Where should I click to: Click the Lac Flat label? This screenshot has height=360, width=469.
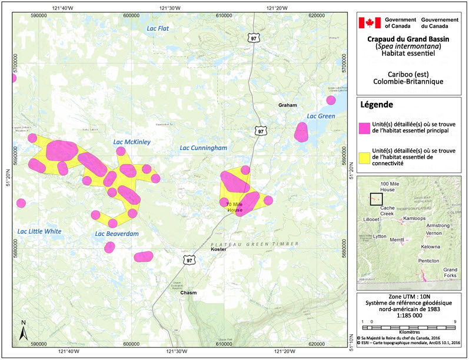(x=158, y=28)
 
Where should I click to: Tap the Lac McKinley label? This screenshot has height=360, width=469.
(x=132, y=142)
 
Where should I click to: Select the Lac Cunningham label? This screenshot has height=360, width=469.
(x=204, y=148)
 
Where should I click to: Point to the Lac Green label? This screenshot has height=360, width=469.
(x=321, y=116)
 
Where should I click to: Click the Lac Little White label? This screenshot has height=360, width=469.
(x=39, y=231)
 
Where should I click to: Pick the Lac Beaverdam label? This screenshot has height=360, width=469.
(x=117, y=234)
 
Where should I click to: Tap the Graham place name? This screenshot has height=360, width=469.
(x=288, y=105)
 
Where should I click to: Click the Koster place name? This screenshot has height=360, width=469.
(x=218, y=249)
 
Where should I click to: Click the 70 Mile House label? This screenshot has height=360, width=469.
(x=234, y=207)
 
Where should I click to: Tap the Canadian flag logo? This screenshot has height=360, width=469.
(x=370, y=23)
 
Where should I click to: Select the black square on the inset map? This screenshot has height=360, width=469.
(x=377, y=199)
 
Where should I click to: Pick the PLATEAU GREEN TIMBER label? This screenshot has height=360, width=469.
(x=254, y=244)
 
